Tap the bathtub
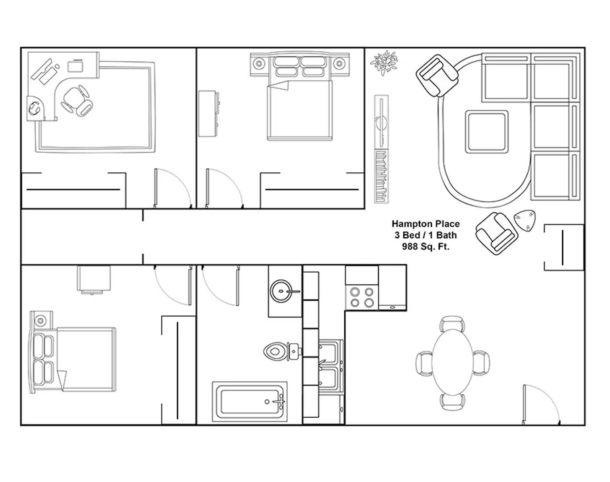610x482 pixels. tap(250, 402)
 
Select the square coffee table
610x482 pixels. tap(486, 132)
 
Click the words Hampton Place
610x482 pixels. tap(426, 224)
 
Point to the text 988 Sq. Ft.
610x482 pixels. tap(426, 246)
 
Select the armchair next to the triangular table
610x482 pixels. tap(497, 233)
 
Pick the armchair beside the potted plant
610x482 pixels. tap(437, 76)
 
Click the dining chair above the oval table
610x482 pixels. tap(452, 324)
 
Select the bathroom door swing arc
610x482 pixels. tap(215, 295)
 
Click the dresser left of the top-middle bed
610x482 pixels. tap(209, 114)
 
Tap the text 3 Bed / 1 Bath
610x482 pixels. tap(426, 235)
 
